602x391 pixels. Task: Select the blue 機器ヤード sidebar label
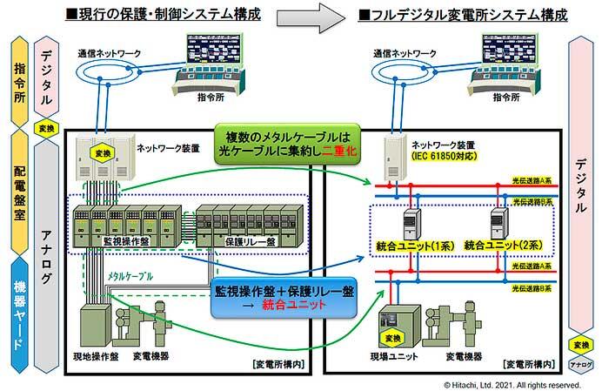pos(19,310)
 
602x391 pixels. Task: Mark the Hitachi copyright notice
pos(512,383)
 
